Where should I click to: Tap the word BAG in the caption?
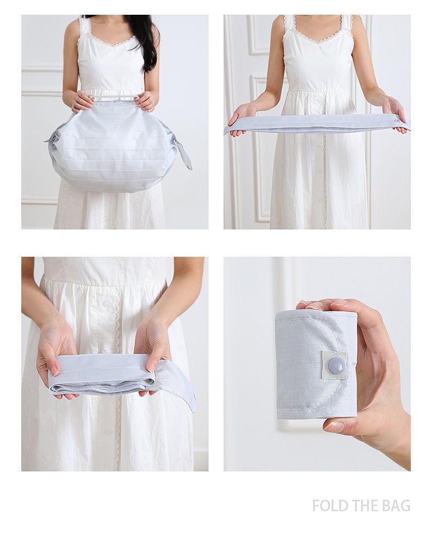click(x=397, y=506)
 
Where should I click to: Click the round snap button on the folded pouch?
click(x=336, y=365)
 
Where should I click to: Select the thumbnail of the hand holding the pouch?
click(x=317, y=364)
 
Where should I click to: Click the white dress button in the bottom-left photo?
click(x=106, y=304)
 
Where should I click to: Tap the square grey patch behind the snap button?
click(x=334, y=365)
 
